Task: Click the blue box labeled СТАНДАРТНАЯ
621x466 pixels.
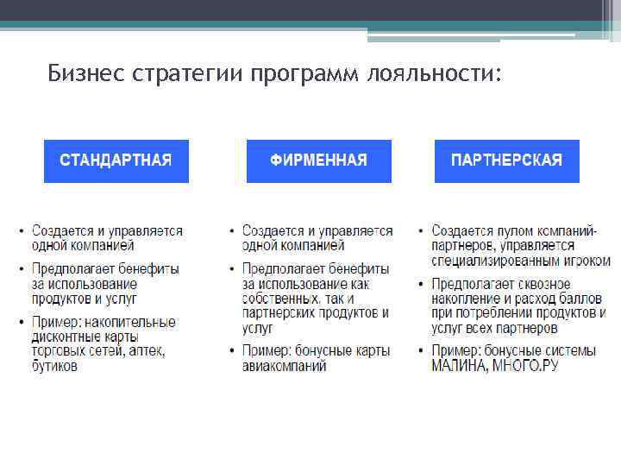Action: click(x=116, y=161)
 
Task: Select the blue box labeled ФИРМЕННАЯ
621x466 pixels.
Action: click(x=318, y=161)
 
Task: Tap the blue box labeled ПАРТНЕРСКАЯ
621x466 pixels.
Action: click(x=506, y=161)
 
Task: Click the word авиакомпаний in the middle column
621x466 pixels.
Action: click(x=285, y=366)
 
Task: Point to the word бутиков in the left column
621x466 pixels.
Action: click(x=54, y=366)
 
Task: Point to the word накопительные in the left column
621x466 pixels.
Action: click(x=129, y=322)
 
